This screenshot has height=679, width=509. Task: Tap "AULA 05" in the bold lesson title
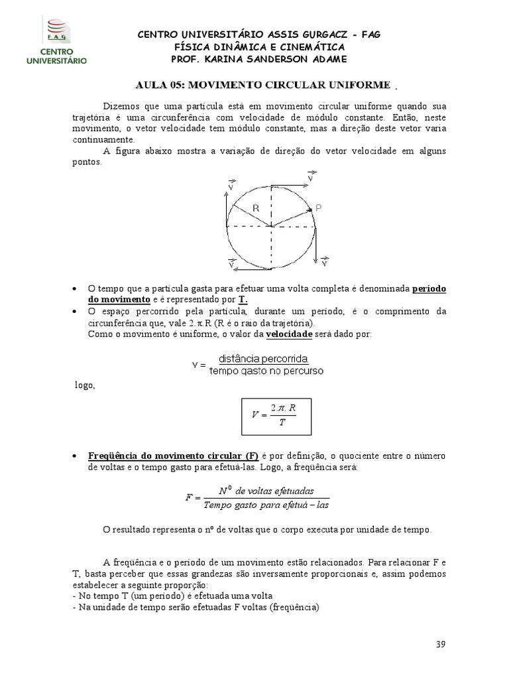coord(157,86)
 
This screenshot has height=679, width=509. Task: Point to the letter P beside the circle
coord(319,208)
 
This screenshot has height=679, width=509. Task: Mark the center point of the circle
coord(270,227)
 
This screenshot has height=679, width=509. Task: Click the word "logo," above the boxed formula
coord(85,386)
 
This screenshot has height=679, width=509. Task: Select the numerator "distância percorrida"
coord(266,359)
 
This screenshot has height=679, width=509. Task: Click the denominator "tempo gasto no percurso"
coord(266,371)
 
